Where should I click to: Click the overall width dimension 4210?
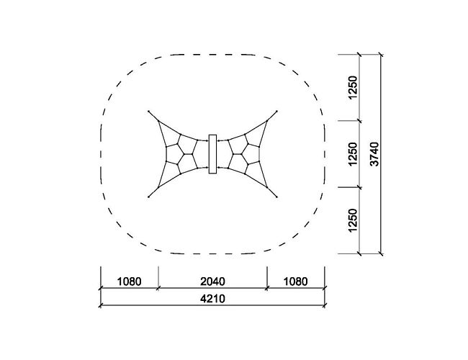click(x=213, y=299)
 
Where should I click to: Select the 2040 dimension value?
click(x=213, y=282)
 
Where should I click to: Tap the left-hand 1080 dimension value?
click(x=129, y=282)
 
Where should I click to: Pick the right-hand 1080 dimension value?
click(x=295, y=282)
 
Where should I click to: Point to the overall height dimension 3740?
click(x=374, y=154)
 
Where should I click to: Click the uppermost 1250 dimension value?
click(x=353, y=88)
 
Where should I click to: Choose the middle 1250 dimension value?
click(x=353, y=154)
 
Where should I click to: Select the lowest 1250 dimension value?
click(x=353, y=220)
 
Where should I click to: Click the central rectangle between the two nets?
click(x=212, y=154)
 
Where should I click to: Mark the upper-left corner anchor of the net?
click(x=148, y=112)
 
